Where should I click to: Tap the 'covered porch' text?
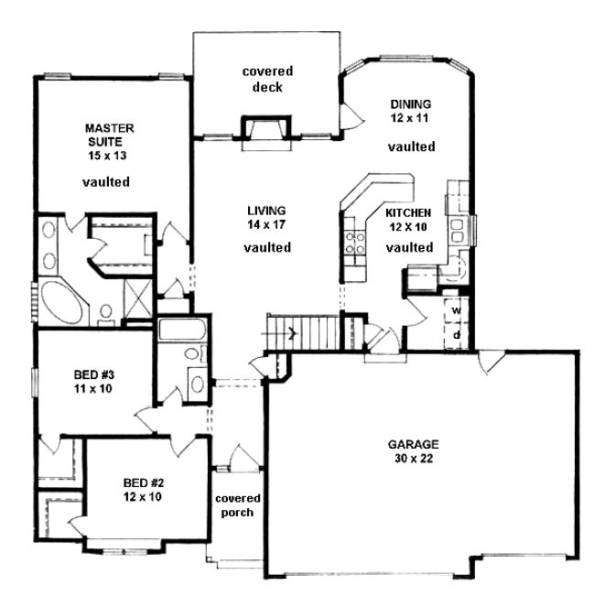pos(238,504)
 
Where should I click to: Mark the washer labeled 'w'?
pos(456,310)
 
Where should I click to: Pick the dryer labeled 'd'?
pos(456,335)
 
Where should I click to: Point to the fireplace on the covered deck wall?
pos(264,130)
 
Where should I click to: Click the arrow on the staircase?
pos(292,332)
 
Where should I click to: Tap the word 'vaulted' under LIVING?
pos(268,248)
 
